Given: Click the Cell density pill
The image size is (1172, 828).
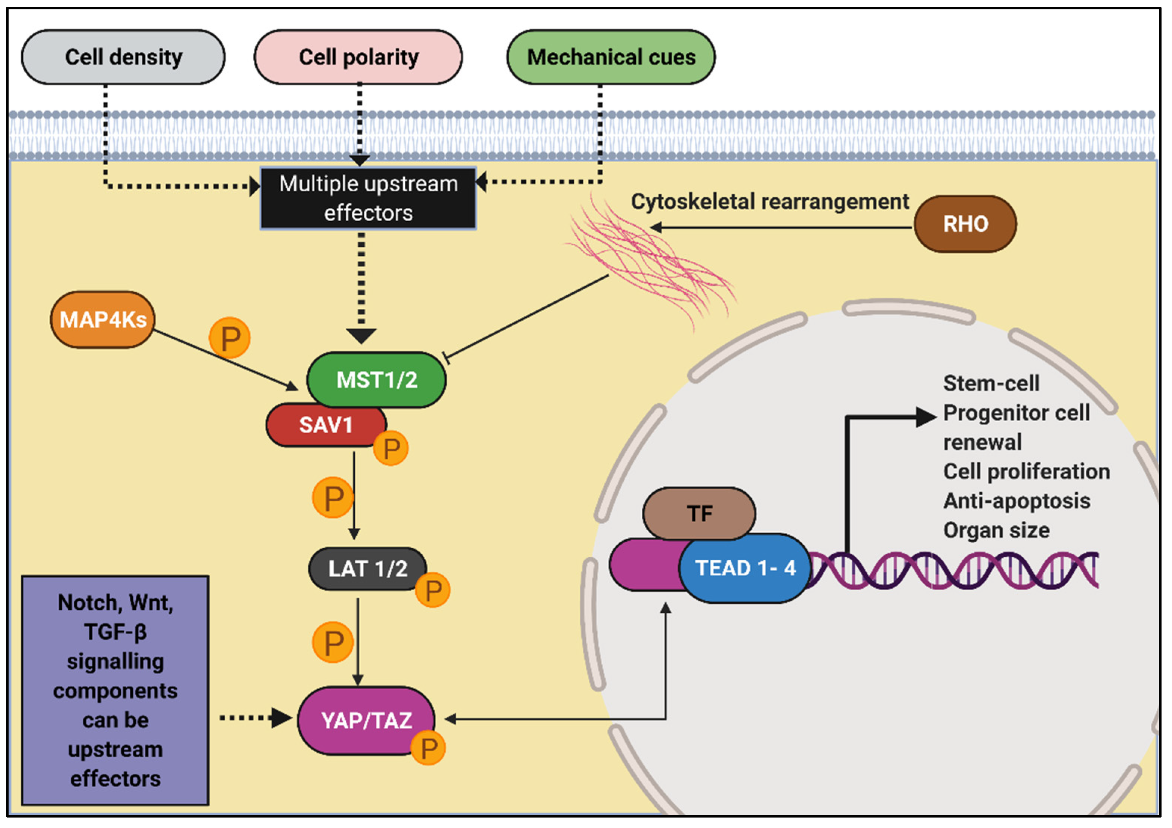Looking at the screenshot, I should [123, 57].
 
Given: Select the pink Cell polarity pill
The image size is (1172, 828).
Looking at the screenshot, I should [358, 57].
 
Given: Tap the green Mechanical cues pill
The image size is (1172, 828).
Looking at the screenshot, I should [611, 57].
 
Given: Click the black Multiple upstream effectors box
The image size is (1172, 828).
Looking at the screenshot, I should [368, 198].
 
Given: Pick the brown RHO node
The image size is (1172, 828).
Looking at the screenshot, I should [964, 224].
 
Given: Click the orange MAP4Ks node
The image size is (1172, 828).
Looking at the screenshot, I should [103, 320].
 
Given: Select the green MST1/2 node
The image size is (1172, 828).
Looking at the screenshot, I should [376, 380].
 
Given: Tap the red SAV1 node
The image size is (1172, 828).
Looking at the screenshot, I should [325, 425].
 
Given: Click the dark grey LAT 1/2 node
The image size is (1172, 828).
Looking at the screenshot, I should [367, 569].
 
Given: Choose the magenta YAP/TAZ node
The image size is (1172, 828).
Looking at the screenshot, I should [366, 720].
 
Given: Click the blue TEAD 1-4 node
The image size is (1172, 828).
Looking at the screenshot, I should [745, 568].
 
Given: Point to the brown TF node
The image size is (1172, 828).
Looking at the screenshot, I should [699, 513].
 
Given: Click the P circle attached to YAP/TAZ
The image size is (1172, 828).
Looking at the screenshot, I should [428, 748].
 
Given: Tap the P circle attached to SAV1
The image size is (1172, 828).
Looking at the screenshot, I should [391, 448].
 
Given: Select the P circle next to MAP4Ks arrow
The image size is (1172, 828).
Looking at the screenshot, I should [230, 338].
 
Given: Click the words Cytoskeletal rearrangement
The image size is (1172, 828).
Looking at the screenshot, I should [770, 201].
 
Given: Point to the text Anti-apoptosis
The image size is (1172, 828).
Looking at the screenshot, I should [1016, 501].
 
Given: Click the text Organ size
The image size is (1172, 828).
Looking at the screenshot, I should [996, 530].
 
